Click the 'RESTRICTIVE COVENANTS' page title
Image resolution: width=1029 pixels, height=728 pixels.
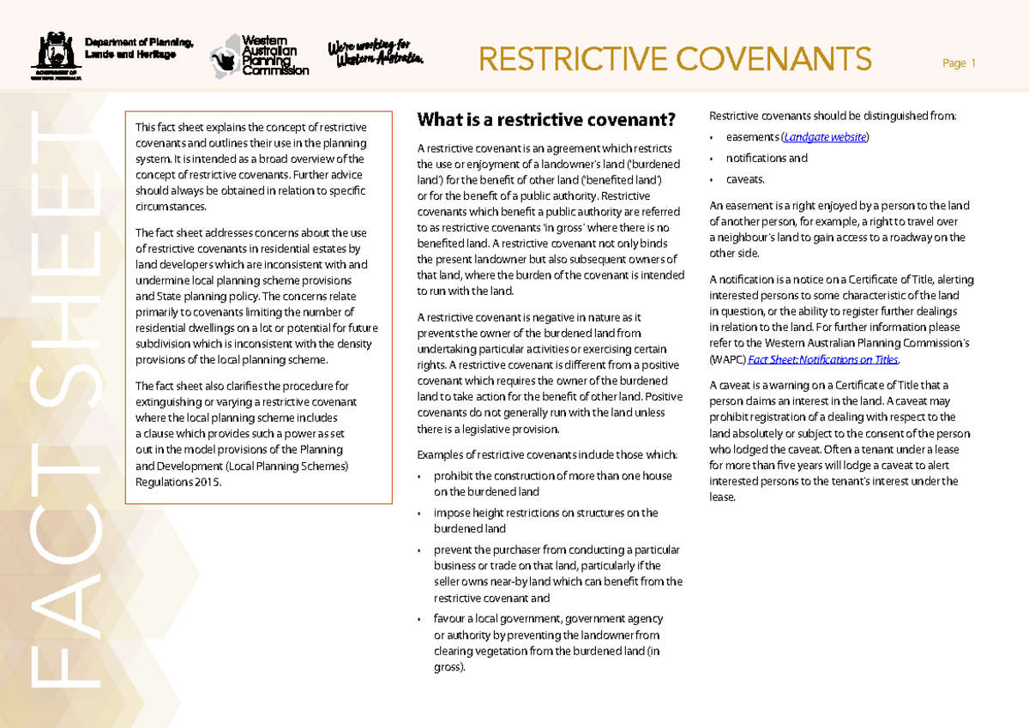[x=675, y=60]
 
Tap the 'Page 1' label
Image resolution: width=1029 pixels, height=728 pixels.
[x=959, y=63]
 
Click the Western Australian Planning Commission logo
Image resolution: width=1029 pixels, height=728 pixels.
[x=260, y=56]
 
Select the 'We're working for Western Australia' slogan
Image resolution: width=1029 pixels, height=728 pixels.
[x=375, y=53]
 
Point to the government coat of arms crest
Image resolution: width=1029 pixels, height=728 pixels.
[x=55, y=55]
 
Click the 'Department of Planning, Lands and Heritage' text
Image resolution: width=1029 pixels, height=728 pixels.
[x=130, y=49]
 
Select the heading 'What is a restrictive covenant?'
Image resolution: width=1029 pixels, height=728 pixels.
[x=545, y=119]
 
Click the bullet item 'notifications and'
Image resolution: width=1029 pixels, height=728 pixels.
[x=766, y=159]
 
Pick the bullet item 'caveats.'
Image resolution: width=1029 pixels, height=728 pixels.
[x=744, y=180]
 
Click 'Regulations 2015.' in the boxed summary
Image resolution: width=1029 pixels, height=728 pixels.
[x=178, y=482]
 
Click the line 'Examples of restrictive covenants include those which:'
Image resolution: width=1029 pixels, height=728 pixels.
[x=546, y=454]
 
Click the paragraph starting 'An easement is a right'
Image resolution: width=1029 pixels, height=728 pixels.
[x=839, y=230]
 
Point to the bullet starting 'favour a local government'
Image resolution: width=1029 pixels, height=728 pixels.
[x=548, y=643]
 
